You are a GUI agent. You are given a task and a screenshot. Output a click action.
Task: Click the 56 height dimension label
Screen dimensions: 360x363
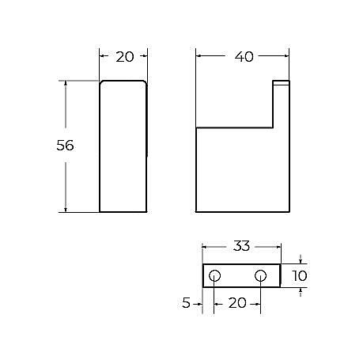tap(66, 146)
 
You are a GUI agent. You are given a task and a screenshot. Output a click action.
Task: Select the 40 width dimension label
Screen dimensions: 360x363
tap(244, 56)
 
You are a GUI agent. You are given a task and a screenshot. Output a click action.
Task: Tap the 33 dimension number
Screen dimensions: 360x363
tap(242, 246)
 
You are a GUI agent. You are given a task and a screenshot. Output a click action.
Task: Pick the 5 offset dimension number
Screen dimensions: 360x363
tap(186, 301)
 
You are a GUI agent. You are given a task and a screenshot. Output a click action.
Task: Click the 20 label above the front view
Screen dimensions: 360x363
tap(125, 56)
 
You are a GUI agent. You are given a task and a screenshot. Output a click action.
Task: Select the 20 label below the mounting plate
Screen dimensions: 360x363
tap(237, 301)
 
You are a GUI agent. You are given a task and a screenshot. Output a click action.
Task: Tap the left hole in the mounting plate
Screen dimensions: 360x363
tap(214, 275)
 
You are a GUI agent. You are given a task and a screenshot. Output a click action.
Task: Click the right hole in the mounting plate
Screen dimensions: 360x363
tap(261, 275)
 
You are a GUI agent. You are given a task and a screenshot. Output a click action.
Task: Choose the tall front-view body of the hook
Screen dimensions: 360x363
tap(123, 146)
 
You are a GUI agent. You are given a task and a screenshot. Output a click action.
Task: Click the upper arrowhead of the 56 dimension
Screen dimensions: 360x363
tap(66, 83)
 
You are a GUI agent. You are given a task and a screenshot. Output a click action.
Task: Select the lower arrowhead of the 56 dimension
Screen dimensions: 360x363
tap(66, 209)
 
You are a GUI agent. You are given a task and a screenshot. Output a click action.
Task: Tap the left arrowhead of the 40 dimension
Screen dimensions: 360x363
tap(199, 56)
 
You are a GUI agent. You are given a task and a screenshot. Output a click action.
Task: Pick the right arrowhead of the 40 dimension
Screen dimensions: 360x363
tap(286, 56)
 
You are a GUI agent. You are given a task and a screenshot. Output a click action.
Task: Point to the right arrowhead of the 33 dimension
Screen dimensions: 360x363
tap(278, 246)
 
